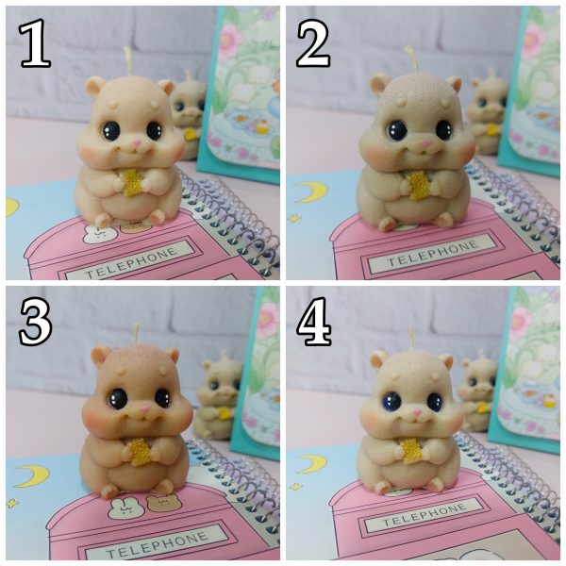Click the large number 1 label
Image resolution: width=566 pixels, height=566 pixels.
click(x=35, y=43)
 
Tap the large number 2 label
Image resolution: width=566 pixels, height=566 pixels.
click(x=312, y=43)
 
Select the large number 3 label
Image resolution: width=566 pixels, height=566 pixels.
click(x=35, y=322)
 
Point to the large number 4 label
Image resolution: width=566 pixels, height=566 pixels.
click(x=314, y=322)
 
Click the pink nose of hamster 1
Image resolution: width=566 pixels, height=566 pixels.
click(x=137, y=143)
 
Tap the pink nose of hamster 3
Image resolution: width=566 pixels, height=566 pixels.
click(x=145, y=409)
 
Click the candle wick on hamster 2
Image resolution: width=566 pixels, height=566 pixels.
click(x=412, y=58)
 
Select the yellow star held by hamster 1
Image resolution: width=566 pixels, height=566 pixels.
click(x=132, y=182)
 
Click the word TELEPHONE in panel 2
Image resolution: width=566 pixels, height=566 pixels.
click(x=433, y=254)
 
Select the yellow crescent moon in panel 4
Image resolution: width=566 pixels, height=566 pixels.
click(x=310, y=464)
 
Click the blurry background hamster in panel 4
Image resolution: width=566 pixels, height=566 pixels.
click(x=479, y=392)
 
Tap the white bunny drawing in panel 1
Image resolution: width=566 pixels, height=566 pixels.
click(x=95, y=233)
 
